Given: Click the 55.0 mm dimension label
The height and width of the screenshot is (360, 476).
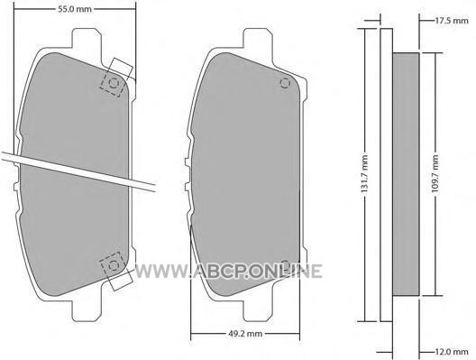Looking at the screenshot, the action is point(75,9).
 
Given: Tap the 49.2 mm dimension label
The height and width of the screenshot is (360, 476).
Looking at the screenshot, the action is point(245,334).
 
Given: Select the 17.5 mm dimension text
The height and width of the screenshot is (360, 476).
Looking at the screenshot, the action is point(452,21).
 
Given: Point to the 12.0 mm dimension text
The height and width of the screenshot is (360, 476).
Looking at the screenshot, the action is point(452,352).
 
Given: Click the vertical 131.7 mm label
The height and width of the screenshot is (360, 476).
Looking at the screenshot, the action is point(365,173).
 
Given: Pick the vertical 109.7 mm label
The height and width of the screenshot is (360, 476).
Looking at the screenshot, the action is point(435,173).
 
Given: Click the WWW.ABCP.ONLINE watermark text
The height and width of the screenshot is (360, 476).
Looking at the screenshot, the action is point(228,271).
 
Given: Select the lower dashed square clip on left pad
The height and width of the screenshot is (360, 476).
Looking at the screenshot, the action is point(113,265).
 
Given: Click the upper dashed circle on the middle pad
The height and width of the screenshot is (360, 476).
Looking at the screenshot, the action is point(285,83).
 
